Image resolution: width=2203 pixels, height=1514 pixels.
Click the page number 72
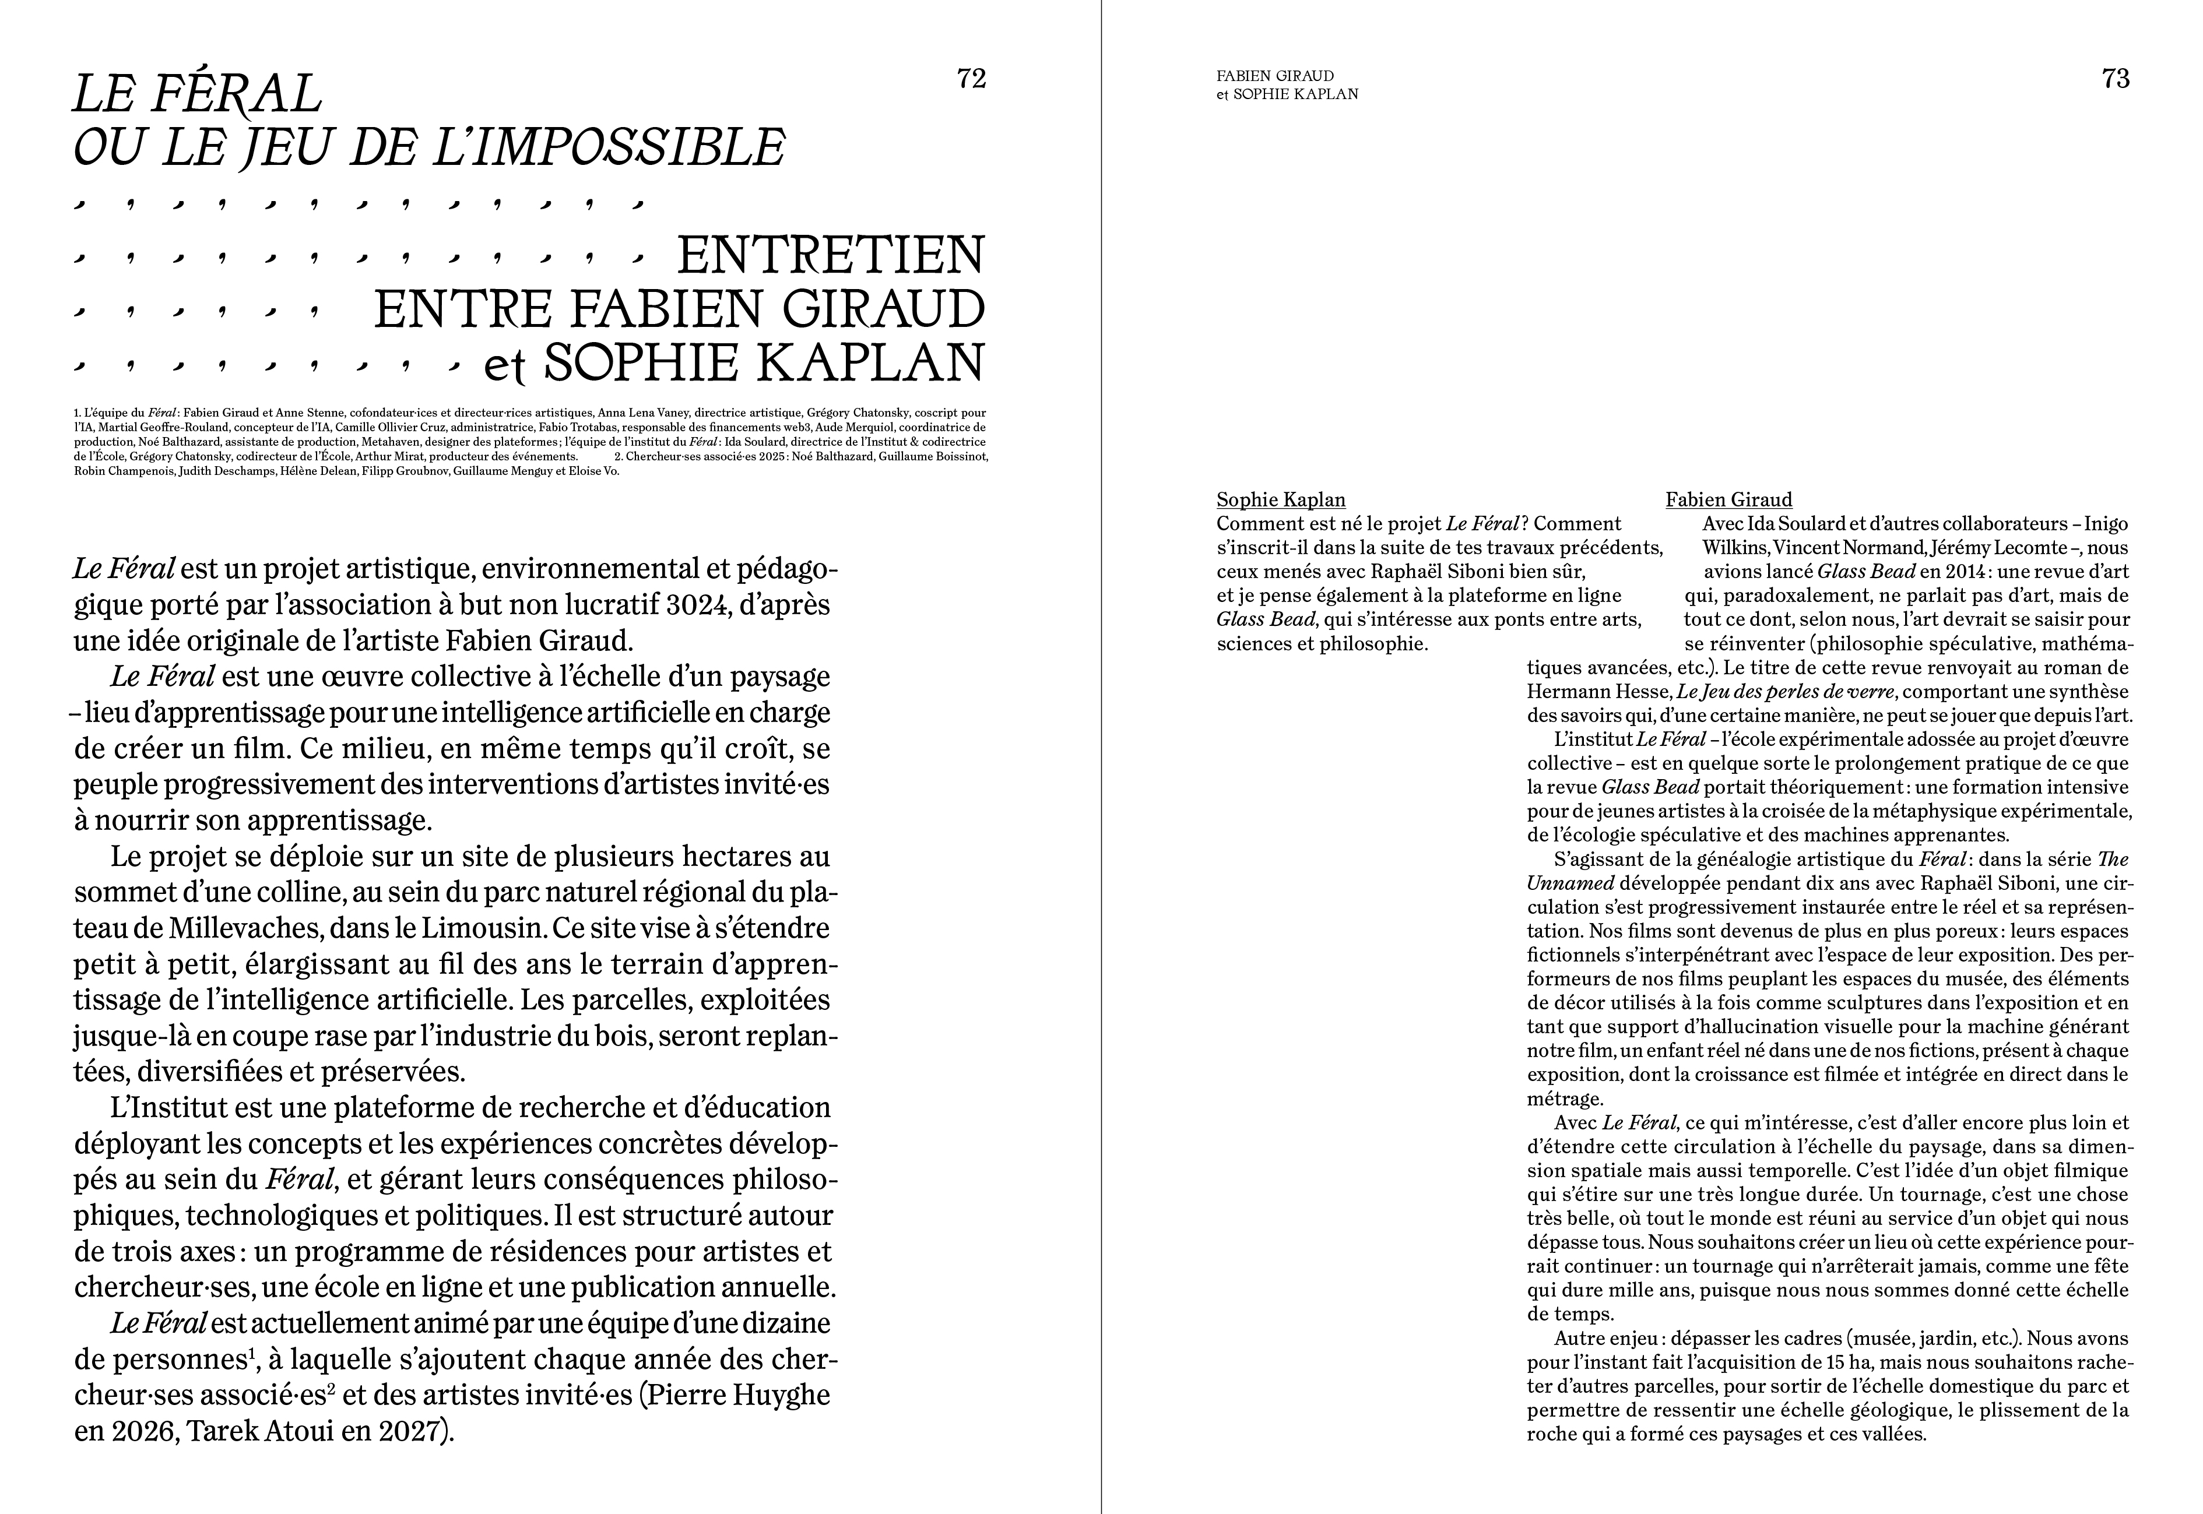[x=972, y=79]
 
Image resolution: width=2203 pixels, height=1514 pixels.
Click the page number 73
[x=2116, y=79]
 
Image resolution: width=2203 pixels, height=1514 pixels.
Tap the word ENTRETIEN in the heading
[x=830, y=256]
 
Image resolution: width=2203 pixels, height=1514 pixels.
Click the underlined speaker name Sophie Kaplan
[x=1281, y=500]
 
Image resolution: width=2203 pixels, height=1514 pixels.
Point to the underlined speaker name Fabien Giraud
[x=1728, y=500]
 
